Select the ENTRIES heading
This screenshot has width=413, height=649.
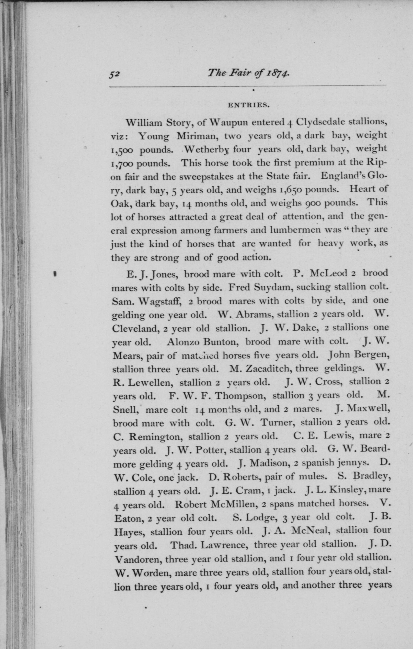[x=248, y=105]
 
